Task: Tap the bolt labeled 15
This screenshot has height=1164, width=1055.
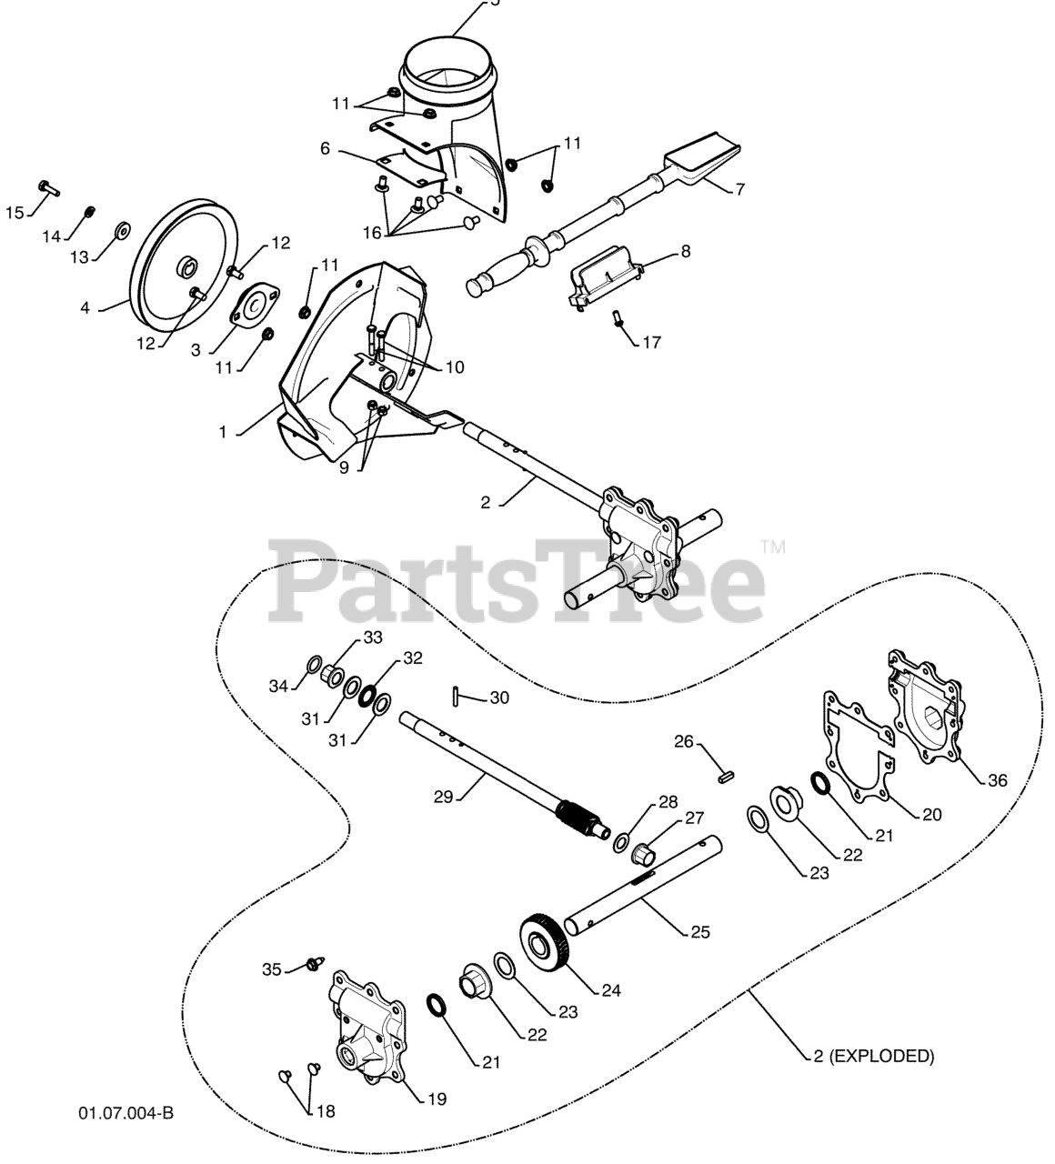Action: click(47, 188)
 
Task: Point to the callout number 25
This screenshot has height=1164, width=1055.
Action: click(700, 931)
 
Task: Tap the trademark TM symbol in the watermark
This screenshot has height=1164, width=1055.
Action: click(772, 547)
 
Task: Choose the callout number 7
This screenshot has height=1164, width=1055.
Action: click(740, 189)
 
